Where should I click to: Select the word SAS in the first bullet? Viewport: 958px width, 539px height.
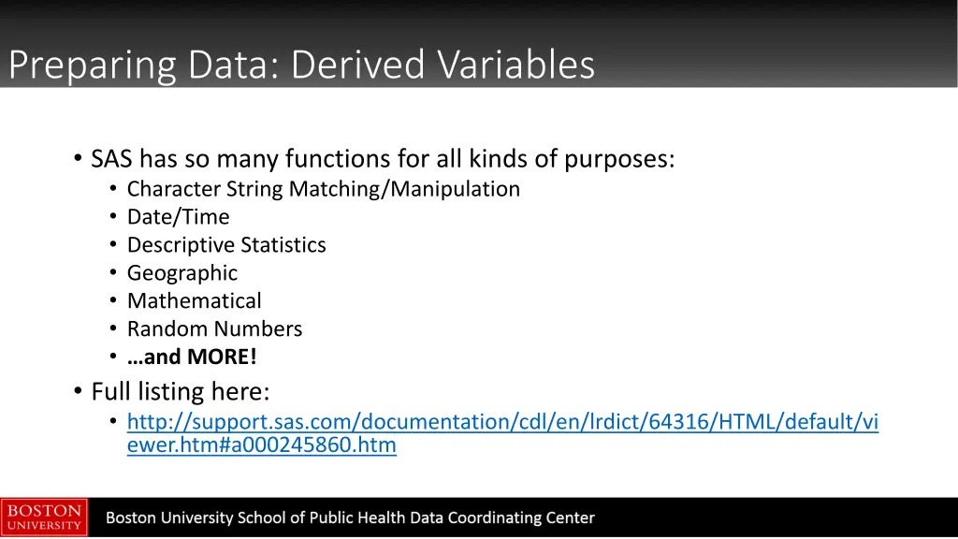point(112,159)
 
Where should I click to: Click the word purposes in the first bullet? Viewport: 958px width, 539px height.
point(618,160)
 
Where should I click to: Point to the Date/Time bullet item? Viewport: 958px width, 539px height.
point(178,217)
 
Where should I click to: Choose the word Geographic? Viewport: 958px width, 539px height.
point(182,273)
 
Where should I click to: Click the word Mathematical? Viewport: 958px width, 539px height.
point(195,301)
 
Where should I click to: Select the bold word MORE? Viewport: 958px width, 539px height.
point(222,357)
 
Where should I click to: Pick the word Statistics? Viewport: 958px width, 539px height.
point(283,245)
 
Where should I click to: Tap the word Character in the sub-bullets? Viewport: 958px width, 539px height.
point(173,189)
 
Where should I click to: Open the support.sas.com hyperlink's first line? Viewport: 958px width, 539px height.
point(502,422)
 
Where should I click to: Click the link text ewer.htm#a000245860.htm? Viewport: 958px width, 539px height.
point(261,445)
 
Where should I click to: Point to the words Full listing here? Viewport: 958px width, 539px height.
point(181,390)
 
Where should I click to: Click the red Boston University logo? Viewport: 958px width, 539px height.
point(44,517)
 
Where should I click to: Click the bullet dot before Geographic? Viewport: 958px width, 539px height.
point(112,273)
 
